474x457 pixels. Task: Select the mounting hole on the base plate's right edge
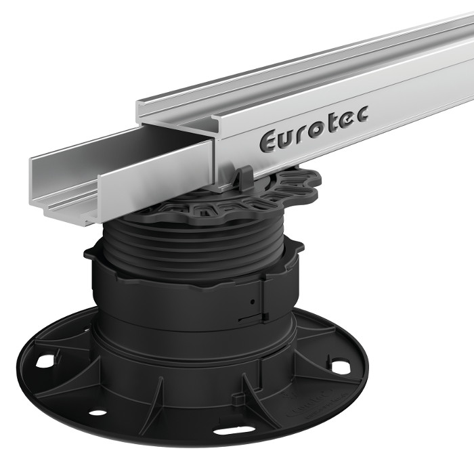pos(341,366)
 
